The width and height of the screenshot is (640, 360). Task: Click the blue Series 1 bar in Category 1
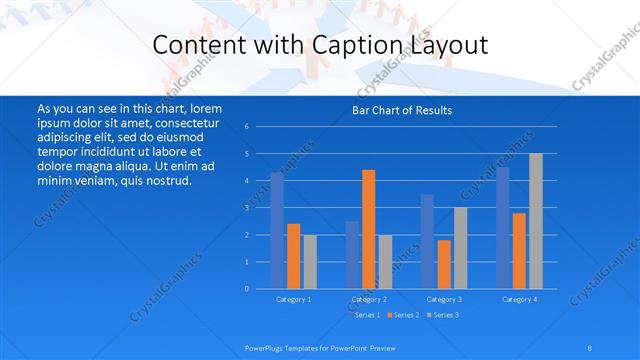pyautogui.click(x=277, y=231)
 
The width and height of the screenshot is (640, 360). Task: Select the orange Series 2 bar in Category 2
pyautogui.click(x=368, y=229)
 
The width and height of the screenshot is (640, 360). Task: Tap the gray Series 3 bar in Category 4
pyautogui.click(x=535, y=221)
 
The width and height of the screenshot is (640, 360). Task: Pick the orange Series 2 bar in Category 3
pyautogui.click(x=443, y=264)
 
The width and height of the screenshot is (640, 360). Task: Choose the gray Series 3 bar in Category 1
pyautogui.click(x=310, y=262)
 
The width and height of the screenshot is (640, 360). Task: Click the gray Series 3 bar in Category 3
pyautogui.click(x=460, y=248)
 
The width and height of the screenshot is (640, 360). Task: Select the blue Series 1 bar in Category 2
pyautogui.click(x=352, y=255)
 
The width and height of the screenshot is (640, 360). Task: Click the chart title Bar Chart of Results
pyautogui.click(x=402, y=110)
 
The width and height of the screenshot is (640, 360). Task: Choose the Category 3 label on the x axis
pyautogui.click(x=443, y=299)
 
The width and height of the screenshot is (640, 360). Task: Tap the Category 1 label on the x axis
pyautogui.click(x=293, y=299)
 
